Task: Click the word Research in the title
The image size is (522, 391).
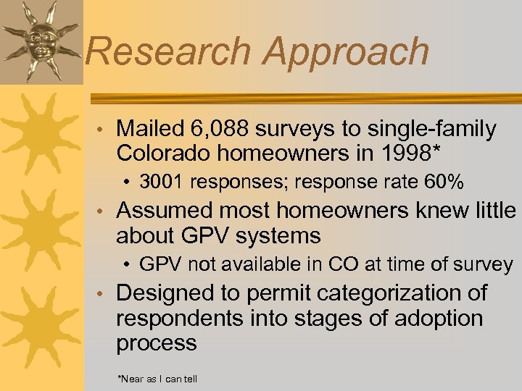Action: (168, 51)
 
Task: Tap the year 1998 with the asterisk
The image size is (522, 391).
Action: (414, 154)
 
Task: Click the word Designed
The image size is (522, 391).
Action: (166, 293)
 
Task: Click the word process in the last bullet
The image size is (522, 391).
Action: (156, 343)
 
